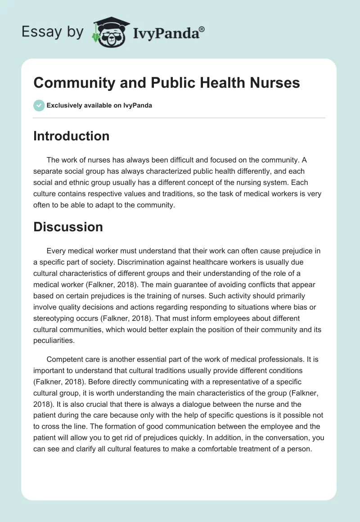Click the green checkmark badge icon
click(39, 106)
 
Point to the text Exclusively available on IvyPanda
click(99, 106)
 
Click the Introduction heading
click(71, 136)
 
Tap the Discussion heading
click(68, 227)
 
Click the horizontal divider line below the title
click(179, 118)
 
